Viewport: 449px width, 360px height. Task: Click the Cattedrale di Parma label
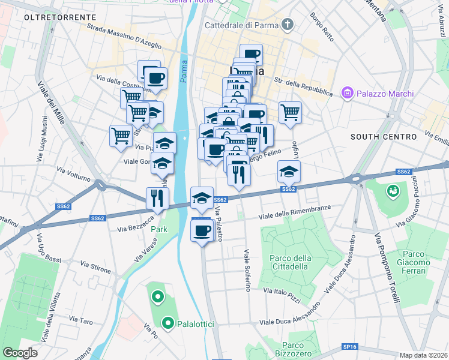tap(242, 25)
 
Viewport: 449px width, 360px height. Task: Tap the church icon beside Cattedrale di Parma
tap(289, 25)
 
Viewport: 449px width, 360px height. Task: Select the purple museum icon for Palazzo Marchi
tap(346, 93)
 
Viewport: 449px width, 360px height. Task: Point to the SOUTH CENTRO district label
tap(379, 137)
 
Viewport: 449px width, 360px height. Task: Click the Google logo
tap(20, 352)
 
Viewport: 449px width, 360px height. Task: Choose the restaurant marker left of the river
tap(157, 197)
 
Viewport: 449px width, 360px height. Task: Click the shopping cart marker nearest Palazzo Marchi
tap(290, 112)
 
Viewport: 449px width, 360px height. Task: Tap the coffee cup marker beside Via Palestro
tap(202, 229)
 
